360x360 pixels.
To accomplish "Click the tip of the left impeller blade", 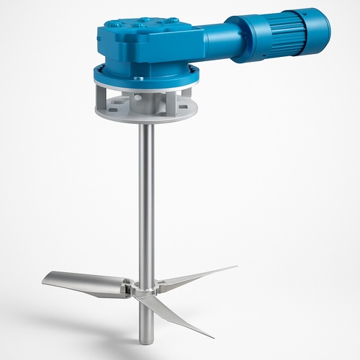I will click(45, 281).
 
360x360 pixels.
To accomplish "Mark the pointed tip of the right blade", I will click(235, 267).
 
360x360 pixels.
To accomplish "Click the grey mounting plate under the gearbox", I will click(144, 114).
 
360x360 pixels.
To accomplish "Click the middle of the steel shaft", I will click(146, 202).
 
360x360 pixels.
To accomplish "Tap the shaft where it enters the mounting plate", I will click(146, 122).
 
